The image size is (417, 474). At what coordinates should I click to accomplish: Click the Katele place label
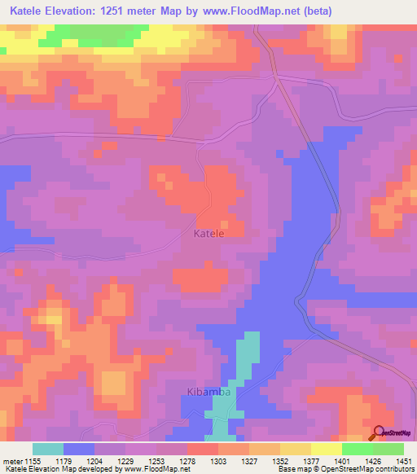(x=208, y=233)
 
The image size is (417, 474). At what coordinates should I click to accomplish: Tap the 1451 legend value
(x=405, y=460)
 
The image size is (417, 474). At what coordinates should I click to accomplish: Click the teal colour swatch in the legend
(x=47, y=449)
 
